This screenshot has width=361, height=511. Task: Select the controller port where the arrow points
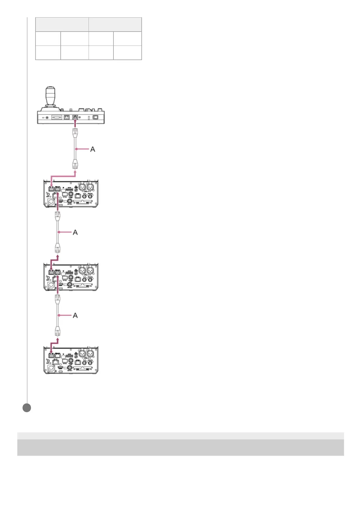75,117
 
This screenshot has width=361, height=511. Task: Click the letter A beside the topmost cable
93,149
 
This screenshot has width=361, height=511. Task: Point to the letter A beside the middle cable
75,232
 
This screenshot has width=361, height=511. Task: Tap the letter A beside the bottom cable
75,316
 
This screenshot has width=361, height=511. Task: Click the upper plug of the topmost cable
75,133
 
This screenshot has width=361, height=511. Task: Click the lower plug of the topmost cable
75,165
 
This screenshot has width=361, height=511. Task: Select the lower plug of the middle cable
58,249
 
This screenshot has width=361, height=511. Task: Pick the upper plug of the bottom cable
58,299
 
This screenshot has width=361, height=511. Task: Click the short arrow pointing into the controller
75,123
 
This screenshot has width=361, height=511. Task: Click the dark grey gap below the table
180,447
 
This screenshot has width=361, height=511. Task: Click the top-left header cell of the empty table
62,25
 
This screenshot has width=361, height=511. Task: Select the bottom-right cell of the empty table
127,53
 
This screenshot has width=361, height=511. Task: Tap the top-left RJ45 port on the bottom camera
51,355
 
